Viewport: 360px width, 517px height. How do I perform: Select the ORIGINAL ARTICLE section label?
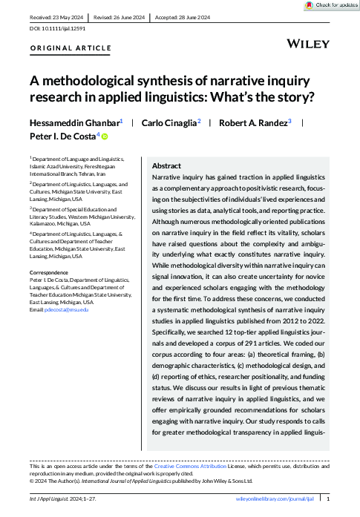coord(71,49)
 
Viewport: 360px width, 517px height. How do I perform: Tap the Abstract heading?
coord(167,166)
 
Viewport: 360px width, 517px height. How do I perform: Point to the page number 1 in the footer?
coord(338,499)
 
